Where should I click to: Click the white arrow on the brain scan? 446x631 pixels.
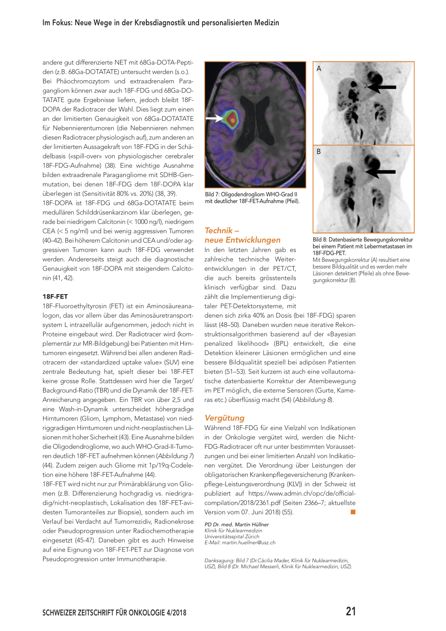pos(214,118)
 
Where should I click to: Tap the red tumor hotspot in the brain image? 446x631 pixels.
pos(232,119)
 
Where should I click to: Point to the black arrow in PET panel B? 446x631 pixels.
pos(381,172)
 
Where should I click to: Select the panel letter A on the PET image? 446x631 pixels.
pos(319,68)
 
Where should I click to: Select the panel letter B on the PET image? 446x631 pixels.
pos(319,152)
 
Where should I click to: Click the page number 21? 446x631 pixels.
pos(351,611)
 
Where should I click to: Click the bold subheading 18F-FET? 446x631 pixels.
pos(55,296)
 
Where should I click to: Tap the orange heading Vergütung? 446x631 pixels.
pos(224,417)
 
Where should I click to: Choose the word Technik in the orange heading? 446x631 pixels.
pos(219,231)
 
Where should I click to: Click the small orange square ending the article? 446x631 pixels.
pos(353,512)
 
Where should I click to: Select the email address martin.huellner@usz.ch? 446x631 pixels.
pos(249,543)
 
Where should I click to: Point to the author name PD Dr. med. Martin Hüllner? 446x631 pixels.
pos(237,524)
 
